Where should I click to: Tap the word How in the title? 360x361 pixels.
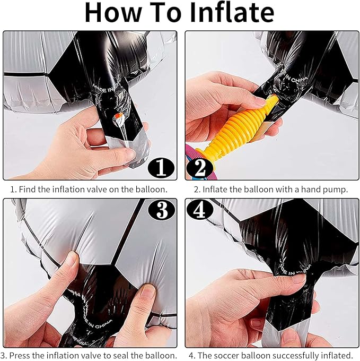tap(113, 12)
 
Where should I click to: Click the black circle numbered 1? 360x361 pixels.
tap(161, 167)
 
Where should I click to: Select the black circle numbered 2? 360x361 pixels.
tap(200, 168)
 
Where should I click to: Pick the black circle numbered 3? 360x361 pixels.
tap(162, 210)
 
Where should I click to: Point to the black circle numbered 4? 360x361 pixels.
tap(200, 210)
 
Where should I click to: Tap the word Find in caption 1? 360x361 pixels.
tap(27, 190)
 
